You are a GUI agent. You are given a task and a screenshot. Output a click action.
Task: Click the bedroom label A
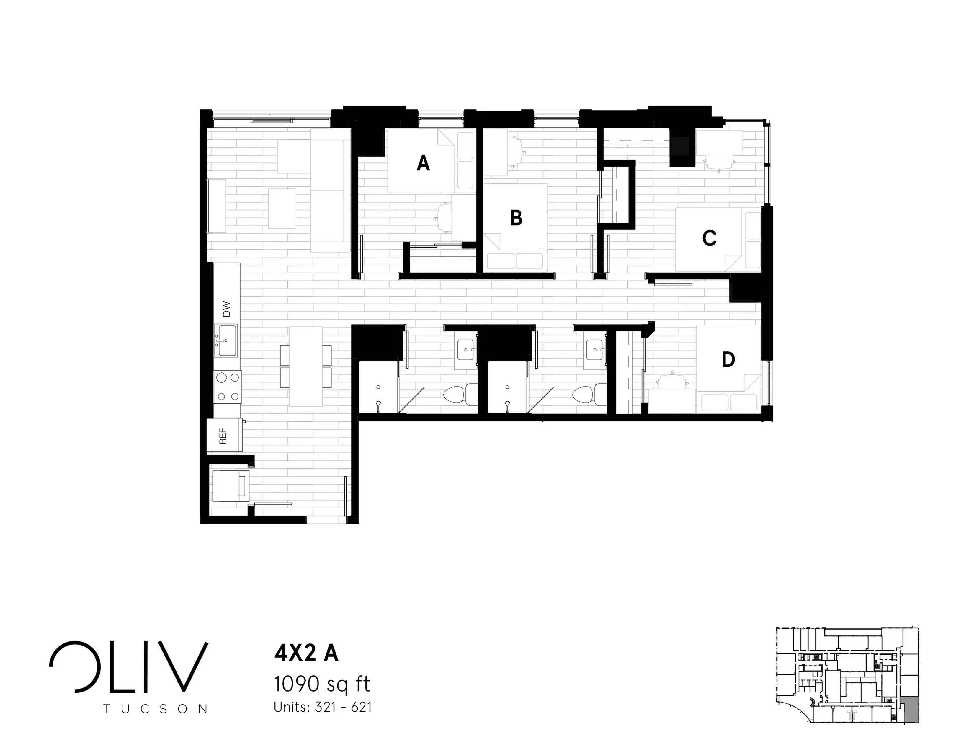coord(423,163)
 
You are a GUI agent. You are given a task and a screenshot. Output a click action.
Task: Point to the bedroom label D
coord(728,360)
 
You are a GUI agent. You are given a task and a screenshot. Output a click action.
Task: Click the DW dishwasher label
coord(227,309)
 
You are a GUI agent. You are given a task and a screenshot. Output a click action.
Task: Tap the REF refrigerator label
coord(223,436)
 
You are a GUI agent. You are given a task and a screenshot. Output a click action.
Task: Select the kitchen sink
coord(226,340)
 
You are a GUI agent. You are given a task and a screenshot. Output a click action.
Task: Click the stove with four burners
coord(228,387)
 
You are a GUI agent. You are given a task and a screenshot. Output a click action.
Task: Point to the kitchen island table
coord(306,366)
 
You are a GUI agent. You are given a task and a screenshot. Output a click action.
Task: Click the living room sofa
coord(330,191)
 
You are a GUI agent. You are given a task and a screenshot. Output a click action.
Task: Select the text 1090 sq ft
coord(322,684)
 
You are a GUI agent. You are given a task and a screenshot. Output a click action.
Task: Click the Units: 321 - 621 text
coord(322,708)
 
